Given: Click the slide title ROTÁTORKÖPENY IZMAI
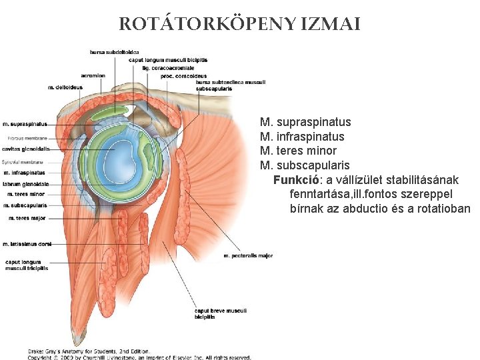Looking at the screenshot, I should coord(240,25).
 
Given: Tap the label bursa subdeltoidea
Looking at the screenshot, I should coord(115,52).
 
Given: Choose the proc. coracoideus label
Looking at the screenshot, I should coord(184,76).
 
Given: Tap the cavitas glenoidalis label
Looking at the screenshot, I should coord(26,149).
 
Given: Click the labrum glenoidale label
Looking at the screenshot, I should coord(26,184).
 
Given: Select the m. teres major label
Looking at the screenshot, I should coord(27,218).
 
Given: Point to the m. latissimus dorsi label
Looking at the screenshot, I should coord(27,244).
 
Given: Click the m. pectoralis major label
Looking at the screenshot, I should coord(248,255).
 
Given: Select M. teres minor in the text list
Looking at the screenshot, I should coord(298,151).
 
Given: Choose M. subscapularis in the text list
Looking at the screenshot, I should coord(305,165).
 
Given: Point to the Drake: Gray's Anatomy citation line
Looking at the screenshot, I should coord(89,351).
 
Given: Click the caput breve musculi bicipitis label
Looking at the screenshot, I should coord(220,313).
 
